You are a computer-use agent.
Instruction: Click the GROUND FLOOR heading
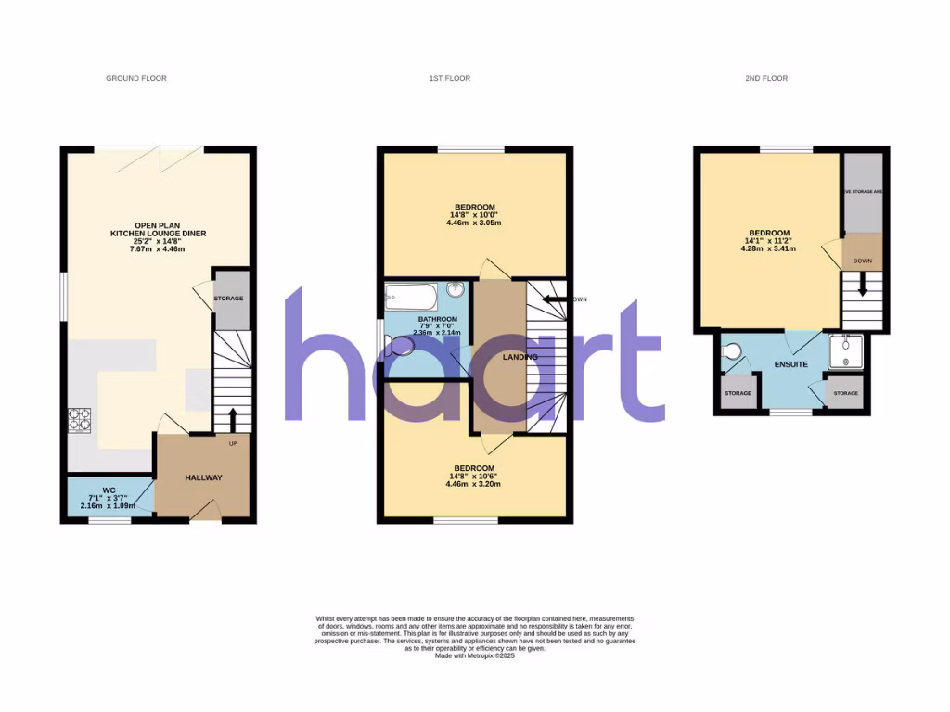pos(135,79)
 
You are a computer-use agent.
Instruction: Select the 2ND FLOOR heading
pos(766,79)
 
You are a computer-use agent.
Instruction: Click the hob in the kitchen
pos(78,420)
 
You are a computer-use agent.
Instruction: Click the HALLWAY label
pos(203,477)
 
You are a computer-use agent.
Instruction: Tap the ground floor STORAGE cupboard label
pos(228,299)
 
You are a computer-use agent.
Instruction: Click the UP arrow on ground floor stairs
pos(231,416)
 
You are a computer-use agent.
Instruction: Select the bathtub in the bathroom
pos(409,299)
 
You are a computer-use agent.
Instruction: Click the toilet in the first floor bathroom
pos(402,347)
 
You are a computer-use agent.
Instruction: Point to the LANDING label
pos(520,356)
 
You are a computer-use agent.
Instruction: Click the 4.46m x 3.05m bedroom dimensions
pos(474,223)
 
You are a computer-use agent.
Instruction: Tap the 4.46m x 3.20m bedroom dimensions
pos(474,484)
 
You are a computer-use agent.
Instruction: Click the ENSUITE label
pos(791,365)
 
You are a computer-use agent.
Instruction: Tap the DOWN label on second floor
pos(862,261)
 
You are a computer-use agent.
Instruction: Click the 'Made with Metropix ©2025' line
pos(474,656)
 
